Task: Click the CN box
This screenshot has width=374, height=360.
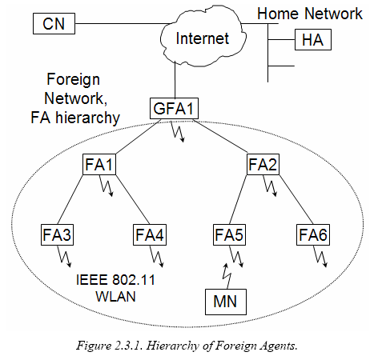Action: (54, 23)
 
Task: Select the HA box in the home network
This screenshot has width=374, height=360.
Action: (313, 40)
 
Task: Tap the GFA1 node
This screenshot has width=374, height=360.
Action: (174, 108)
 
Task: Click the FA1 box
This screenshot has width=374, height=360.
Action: (99, 164)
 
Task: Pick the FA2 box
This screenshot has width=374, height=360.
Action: (263, 164)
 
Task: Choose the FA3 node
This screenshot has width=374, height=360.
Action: (57, 235)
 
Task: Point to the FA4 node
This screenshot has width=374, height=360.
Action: (150, 235)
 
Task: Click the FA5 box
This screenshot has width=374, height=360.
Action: (229, 235)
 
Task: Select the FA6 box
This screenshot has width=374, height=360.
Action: (313, 235)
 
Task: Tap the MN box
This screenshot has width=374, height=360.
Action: (226, 302)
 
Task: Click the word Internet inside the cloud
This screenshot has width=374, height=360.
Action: (203, 38)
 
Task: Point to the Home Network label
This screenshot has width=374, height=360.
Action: (310, 14)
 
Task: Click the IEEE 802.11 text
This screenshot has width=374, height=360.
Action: (115, 280)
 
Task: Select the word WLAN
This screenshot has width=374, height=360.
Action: (115, 297)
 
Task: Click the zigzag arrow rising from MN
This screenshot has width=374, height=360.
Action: (227, 276)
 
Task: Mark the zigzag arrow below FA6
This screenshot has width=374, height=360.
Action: (320, 256)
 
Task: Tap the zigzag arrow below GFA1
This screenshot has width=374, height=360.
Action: (178, 131)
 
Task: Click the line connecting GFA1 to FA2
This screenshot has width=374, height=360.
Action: (221, 137)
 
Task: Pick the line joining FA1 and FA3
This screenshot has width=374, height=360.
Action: (70, 200)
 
